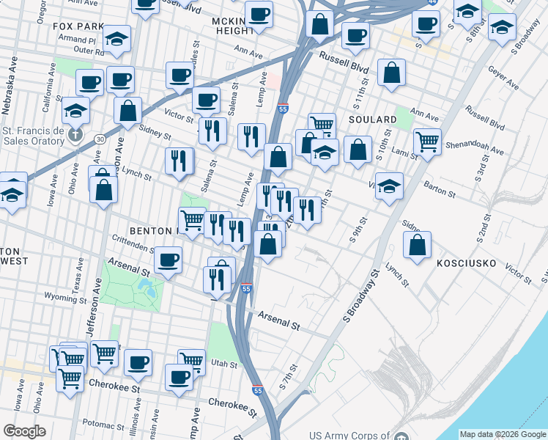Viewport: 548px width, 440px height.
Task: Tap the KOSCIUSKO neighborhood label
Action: (x=467, y=263)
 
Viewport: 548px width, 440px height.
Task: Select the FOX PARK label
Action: (x=79, y=26)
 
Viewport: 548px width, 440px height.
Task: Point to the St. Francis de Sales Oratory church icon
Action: (x=75, y=134)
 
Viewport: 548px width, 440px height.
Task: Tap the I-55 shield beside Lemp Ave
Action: (x=283, y=109)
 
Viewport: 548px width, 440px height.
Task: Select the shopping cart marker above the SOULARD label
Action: (x=322, y=124)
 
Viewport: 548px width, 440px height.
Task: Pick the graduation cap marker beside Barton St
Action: (x=390, y=186)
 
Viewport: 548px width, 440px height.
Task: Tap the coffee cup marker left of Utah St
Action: (x=138, y=362)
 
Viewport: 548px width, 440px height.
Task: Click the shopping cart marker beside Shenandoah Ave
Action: (x=428, y=141)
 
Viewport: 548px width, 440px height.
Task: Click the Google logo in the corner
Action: (x=24, y=431)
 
